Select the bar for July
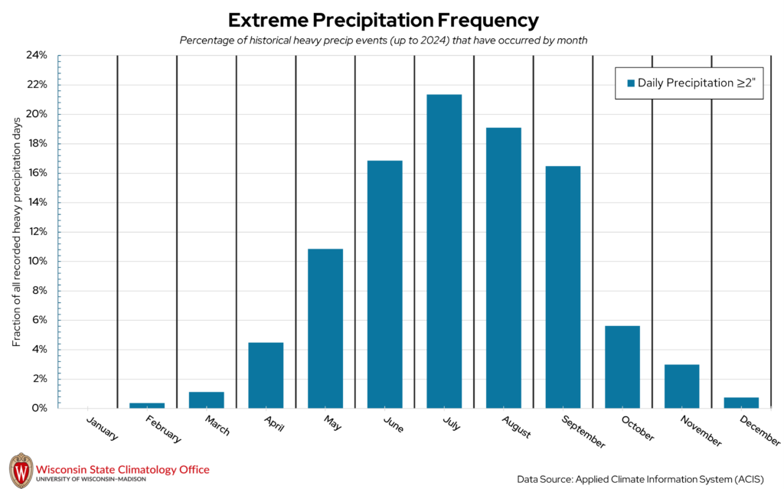pos(444,251)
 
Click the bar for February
pos(147,405)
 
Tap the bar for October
pos(622,367)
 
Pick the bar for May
pos(325,328)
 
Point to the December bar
pos(741,403)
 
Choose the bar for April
pos(266,375)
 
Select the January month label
pos(103,429)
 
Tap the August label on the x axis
pos(518,428)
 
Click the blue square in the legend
pos(631,83)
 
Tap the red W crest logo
pos(20,468)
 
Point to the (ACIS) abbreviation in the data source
pos(749,479)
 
